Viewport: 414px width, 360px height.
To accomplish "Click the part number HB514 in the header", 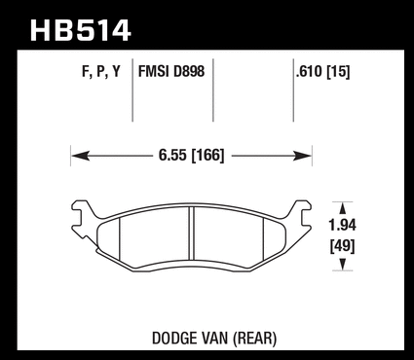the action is pyautogui.click(x=81, y=31).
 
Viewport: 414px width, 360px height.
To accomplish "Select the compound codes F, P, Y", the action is pyautogui.click(x=101, y=71).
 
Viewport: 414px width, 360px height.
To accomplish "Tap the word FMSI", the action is pyautogui.click(x=154, y=71).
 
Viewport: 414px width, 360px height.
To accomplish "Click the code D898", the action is pyautogui.click(x=189, y=71).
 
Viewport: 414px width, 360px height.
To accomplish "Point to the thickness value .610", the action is pyautogui.click(x=310, y=71).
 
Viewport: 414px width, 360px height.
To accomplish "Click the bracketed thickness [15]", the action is pyautogui.click(x=339, y=71).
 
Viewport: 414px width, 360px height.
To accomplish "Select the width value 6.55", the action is pyautogui.click(x=172, y=156).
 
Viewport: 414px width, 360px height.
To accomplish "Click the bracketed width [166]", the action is pyautogui.click(x=208, y=156).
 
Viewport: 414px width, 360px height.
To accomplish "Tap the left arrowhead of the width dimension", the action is pyautogui.click(x=80, y=156).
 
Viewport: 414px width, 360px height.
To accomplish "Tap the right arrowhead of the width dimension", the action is pyautogui.click(x=302, y=156).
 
